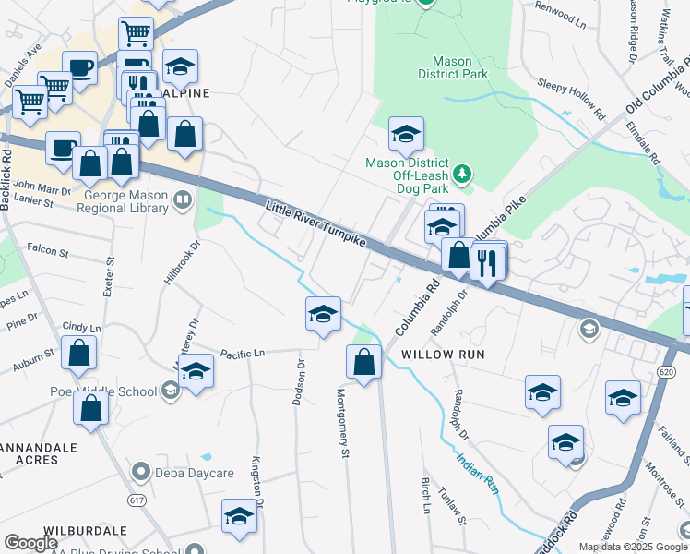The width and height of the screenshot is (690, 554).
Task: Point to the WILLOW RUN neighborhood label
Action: pos(444,355)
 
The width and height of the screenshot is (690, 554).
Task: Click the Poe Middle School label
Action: pos(103,391)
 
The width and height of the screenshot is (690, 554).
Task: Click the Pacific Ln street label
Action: pos(243,353)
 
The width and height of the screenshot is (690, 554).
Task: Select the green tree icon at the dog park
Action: pos(464,173)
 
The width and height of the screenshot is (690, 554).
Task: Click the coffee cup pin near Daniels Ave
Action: pos(80,66)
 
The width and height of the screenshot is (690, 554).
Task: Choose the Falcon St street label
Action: pos(48,251)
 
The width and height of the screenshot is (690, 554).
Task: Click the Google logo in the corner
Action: pos(30,543)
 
